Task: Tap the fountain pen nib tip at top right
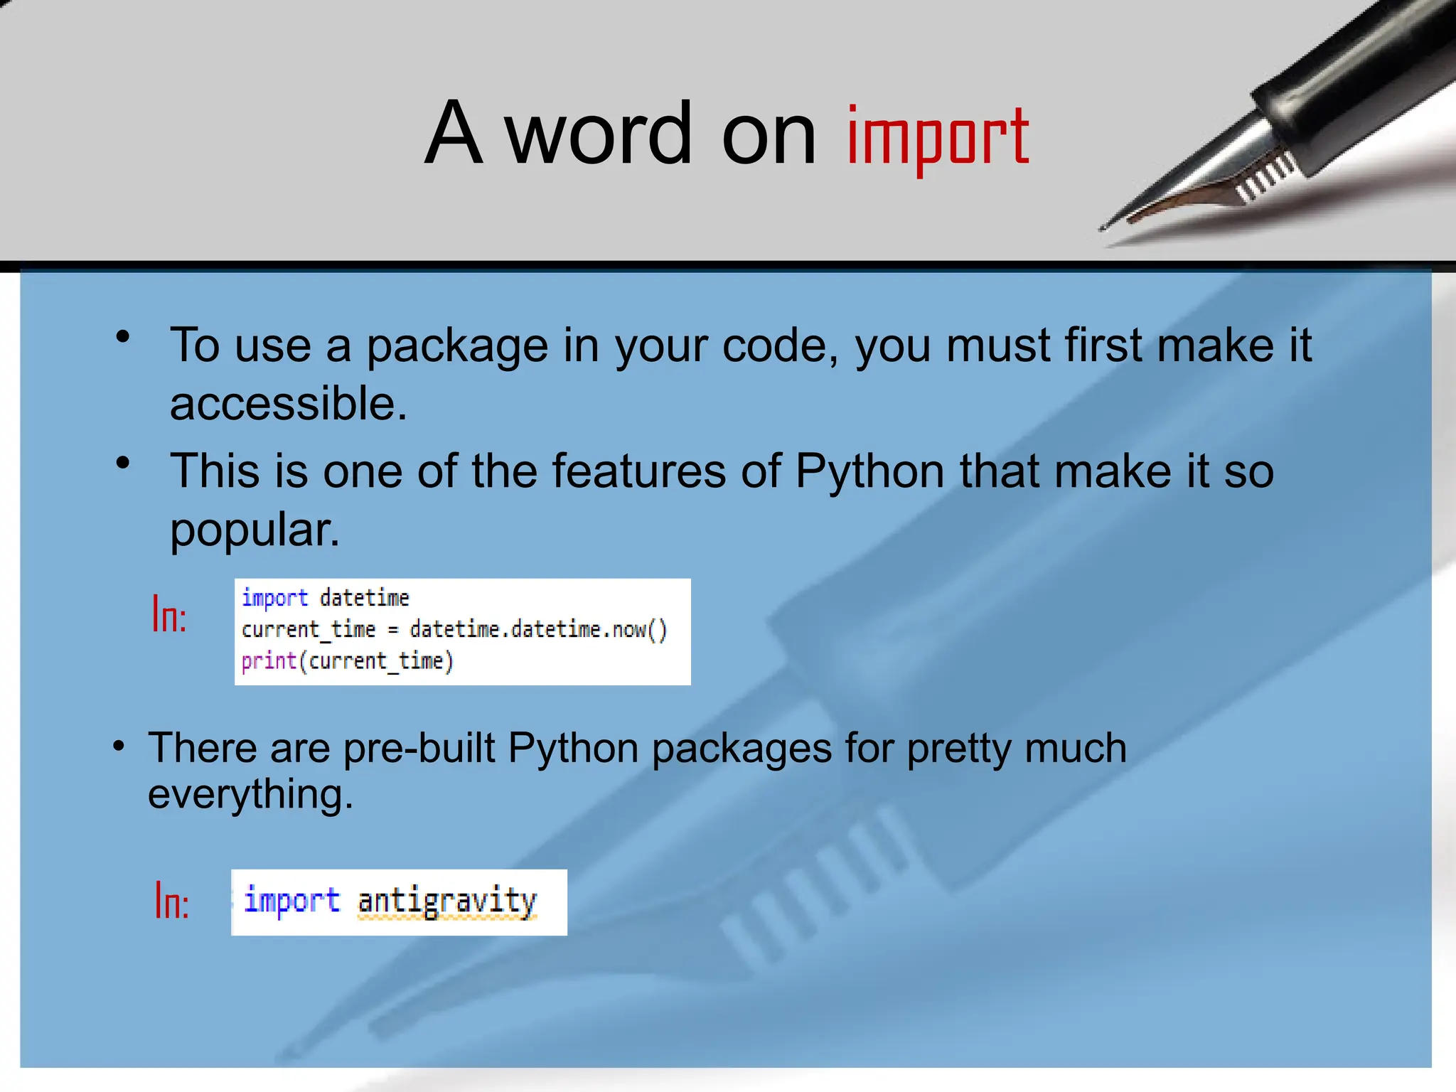pos(1104,227)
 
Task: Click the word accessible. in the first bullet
pos(288,404)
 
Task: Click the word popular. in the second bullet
pos(255,530)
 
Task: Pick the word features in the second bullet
pos(638,471)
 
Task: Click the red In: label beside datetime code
pos(169,615)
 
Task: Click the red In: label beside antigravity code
pos(172,901)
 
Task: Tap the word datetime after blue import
pos(364,598)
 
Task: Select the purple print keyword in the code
pos(268,661)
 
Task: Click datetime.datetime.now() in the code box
pos(538,630)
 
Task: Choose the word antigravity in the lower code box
pos(446,901)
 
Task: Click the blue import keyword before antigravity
pos(291,901)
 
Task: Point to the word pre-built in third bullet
pos(419,749)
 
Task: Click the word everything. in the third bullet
pos(250,794)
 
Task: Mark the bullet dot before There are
pos(119,746)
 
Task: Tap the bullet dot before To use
pos(123,337)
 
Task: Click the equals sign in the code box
pos(392,631)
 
